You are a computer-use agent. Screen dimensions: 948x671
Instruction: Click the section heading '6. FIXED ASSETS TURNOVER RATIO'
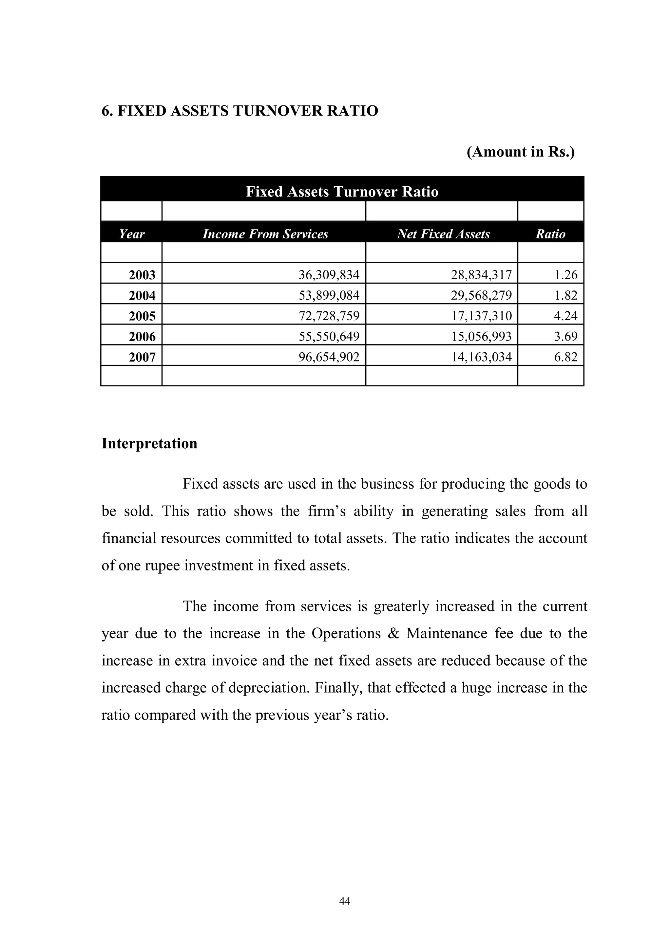click(240, 111)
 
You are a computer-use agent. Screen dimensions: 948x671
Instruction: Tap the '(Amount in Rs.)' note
click(520, 152)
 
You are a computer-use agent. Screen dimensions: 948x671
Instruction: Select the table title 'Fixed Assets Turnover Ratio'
click(342, 192)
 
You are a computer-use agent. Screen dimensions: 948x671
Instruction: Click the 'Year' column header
click(131, 234)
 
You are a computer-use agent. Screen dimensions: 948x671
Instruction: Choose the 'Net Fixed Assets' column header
click(443, 234)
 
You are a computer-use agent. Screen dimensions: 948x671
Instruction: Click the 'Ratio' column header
click(550, 234)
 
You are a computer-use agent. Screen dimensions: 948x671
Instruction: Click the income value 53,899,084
click(329, 295)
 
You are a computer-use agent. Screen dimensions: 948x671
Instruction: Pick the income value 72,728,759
click(329, 316)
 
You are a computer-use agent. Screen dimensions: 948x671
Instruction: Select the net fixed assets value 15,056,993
click(481, 337)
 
